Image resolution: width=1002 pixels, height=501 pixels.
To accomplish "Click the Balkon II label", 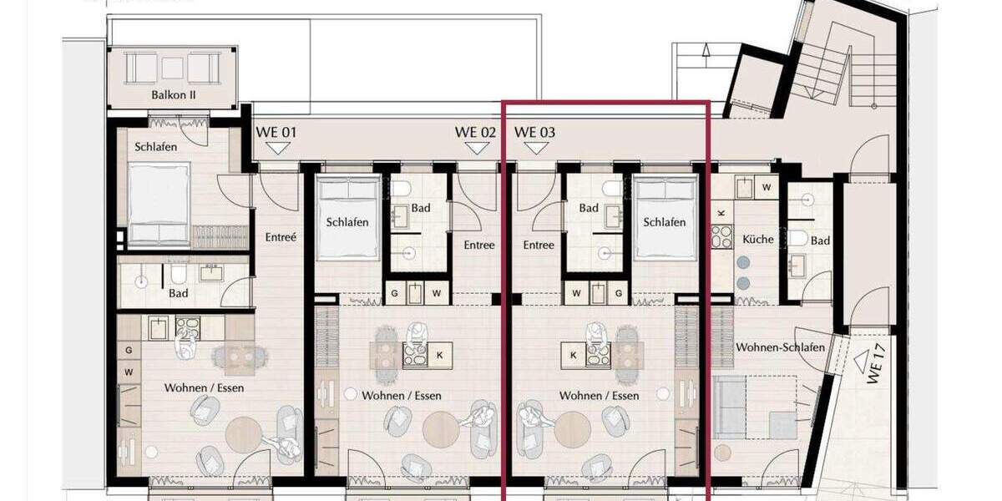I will (174, 95).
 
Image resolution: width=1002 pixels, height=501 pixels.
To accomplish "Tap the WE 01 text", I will (276, 132).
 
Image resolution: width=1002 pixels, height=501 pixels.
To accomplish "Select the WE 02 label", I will (475, 132).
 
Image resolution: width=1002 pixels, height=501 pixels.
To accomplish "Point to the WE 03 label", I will (535, 132).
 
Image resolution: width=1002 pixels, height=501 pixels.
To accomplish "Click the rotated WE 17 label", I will (875, 367).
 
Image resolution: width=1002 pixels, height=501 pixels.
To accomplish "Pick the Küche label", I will (758, 240).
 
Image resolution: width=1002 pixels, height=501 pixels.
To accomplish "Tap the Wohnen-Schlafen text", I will (780, 347).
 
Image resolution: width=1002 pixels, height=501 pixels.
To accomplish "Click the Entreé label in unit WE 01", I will (280, 237).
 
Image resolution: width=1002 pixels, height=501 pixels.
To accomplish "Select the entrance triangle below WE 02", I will (477, 148).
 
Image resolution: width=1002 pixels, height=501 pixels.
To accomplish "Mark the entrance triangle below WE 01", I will (277, 148).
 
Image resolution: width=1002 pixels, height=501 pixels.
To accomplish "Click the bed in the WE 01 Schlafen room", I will (159, 203).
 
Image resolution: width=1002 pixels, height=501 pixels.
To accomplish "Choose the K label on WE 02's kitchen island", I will (439, 356).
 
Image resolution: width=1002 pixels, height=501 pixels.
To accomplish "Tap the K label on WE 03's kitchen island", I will (574, 356).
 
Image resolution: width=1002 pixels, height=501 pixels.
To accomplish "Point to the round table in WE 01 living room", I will (245, 434).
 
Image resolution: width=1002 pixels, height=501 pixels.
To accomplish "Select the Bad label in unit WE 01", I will (178, 294).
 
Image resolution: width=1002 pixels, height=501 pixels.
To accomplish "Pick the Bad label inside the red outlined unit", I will (589, 208).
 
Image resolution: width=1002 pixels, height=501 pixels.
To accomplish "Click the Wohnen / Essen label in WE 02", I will (402, 396).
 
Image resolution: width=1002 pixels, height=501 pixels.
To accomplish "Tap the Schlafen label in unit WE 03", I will (665, 222).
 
